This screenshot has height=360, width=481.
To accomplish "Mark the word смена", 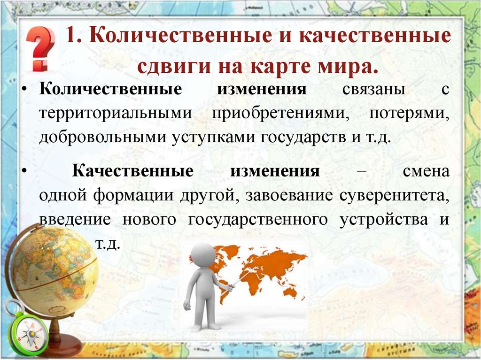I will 426,171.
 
